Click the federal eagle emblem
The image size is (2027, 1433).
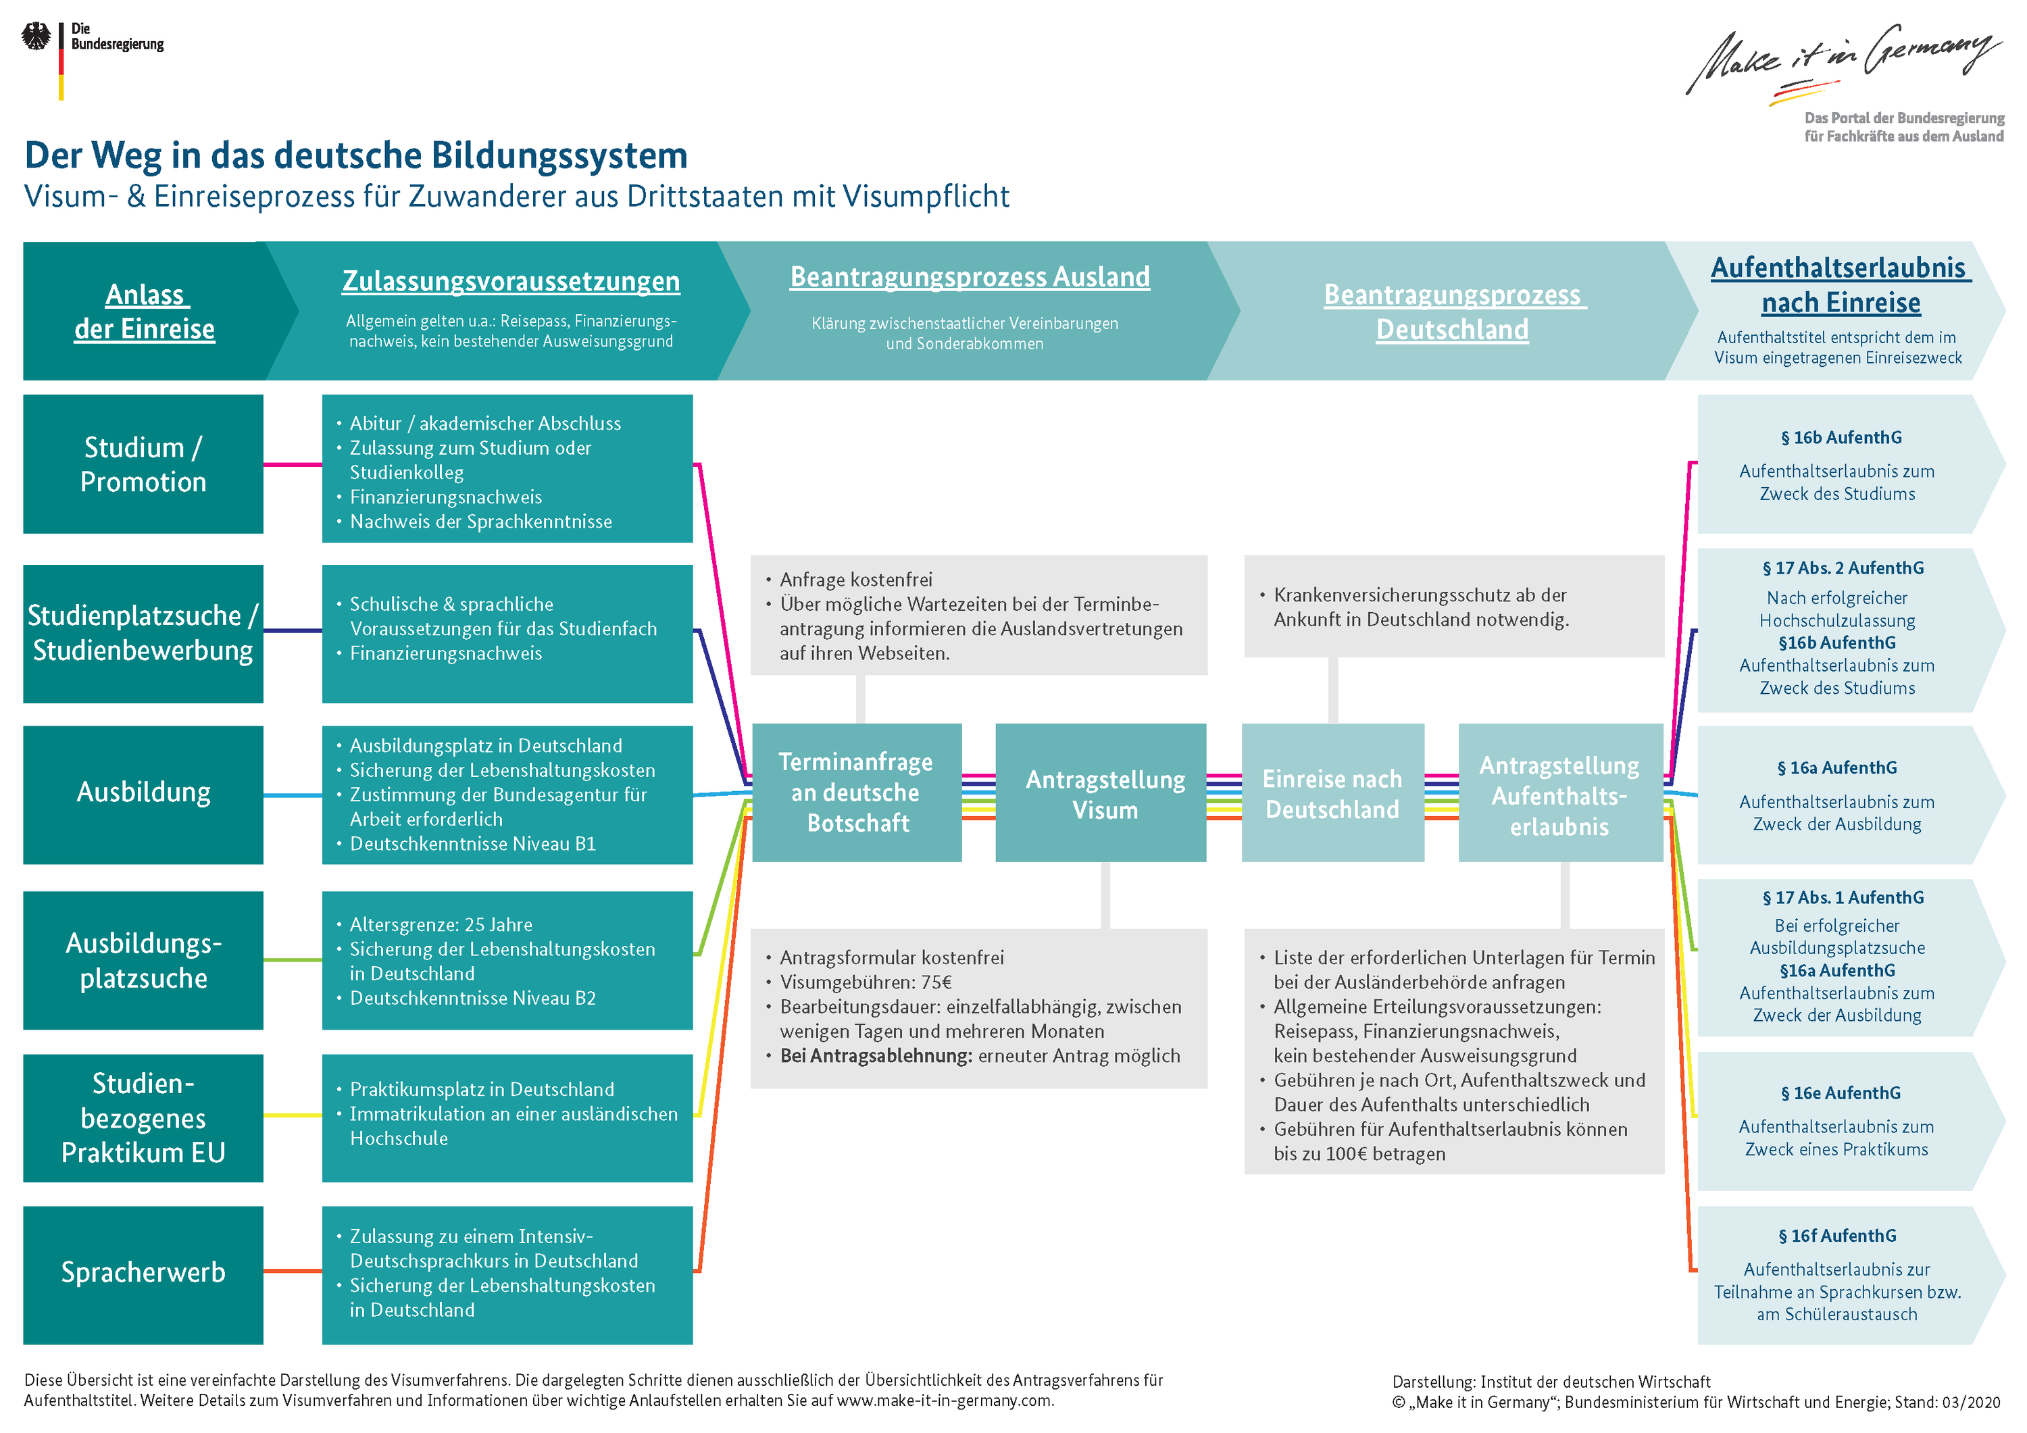tap(36, 37)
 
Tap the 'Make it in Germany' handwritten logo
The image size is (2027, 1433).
tap(1840, 59)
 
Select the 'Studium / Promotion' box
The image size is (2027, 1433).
tap(143, 464)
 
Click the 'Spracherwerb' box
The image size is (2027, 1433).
tap(143, 1273)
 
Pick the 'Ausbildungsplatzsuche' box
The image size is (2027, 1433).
tap(143, 961)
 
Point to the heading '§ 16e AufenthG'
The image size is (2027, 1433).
tap(1840, 1093)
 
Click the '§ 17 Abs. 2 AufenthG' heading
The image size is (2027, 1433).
tap(1843, 568)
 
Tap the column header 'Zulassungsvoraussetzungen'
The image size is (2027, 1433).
tap(510, 281)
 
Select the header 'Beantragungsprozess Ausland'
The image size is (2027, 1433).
tap(970, 276)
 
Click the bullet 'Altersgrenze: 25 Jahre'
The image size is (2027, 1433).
tap(441, 924)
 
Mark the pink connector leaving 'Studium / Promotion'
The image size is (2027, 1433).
tap(292, 464)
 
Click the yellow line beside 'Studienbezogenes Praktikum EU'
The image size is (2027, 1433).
tap(292, 1115)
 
